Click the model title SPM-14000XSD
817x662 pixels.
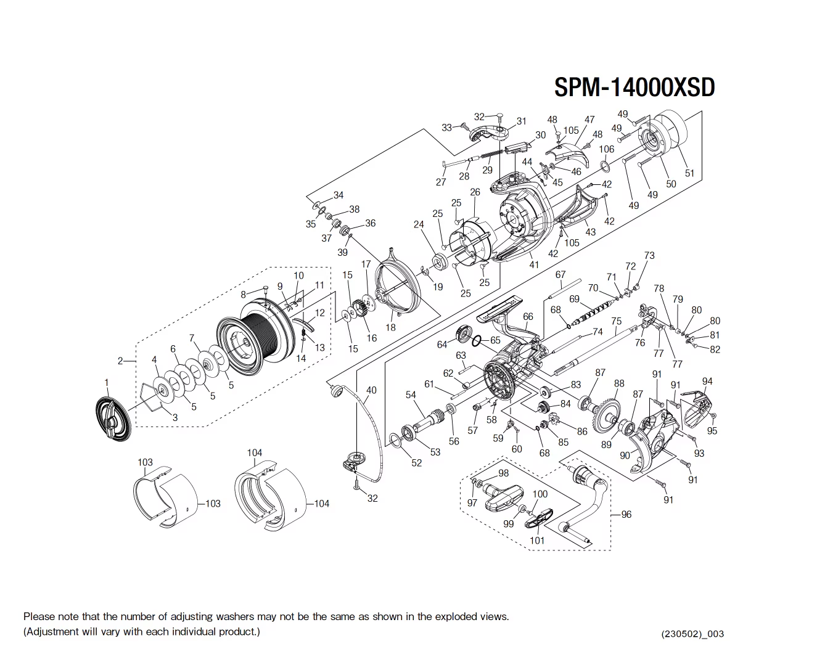coord(634,88)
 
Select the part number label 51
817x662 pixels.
coord(689,173)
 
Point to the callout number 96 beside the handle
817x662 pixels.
coord(626,514)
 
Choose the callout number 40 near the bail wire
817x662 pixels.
coord(371,390)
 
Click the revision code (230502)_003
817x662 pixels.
coord(692,634)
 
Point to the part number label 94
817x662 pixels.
coord(707,382)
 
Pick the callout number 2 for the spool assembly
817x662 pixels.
coord(121,361)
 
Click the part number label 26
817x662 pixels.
coord(475,192)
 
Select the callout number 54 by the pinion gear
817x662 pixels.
coord(411,395)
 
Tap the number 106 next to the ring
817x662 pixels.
coord(607,149)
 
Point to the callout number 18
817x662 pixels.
coord(390,327)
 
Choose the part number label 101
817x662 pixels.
coord(537,541)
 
